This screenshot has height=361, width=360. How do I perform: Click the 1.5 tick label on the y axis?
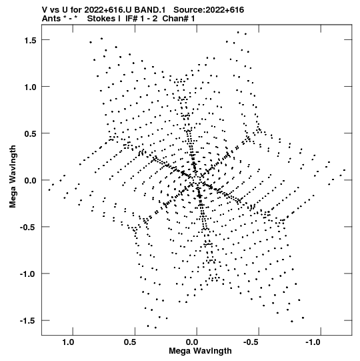tap(31, 41)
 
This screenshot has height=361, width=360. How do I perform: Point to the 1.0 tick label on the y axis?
tap(31, 87)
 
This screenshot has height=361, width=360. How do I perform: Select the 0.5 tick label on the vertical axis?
tap(31, 134)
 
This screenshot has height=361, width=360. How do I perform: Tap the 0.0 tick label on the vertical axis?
tap(31, 181)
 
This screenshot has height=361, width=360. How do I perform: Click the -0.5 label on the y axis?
tap(28, 228)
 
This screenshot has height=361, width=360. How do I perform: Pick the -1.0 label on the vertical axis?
tap(28, 274)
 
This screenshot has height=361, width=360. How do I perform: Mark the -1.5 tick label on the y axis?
tap(28, 321)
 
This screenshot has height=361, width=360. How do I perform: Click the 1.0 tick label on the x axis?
tap(68, 342)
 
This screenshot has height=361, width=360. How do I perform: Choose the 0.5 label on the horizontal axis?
tap(130, 342)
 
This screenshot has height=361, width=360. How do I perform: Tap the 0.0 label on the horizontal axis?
tap(192, 342)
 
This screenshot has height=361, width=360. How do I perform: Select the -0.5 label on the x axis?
tap(251, 342)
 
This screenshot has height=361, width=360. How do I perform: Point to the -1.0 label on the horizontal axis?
tap(313, 342)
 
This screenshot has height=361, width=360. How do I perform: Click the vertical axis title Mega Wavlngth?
tap(13, 177)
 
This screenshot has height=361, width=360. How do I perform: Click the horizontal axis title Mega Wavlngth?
tap(201, 351)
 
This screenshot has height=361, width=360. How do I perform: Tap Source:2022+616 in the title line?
tap(209, 10)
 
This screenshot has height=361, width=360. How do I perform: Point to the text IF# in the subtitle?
tap(131, 19)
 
